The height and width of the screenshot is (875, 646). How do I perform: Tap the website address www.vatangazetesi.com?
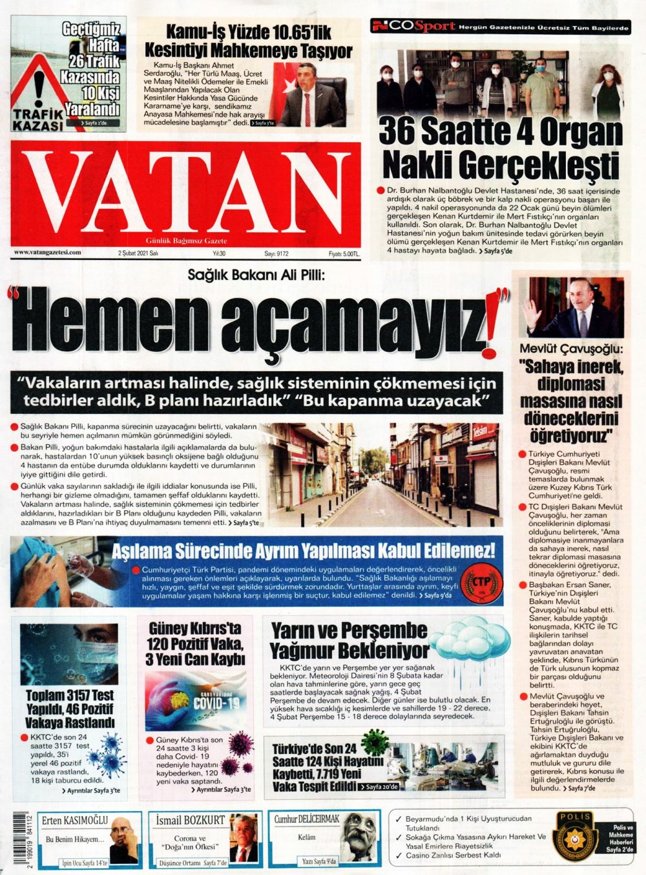point(48,253)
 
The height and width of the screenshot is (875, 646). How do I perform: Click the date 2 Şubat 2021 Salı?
point(138,254)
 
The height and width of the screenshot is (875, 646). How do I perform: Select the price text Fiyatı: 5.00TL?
point(343,254)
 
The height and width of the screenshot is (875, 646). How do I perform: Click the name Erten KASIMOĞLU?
point(75,820)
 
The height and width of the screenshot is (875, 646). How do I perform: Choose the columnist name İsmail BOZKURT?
point(191,820)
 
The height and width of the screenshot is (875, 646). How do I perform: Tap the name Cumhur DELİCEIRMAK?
point(307,819)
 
